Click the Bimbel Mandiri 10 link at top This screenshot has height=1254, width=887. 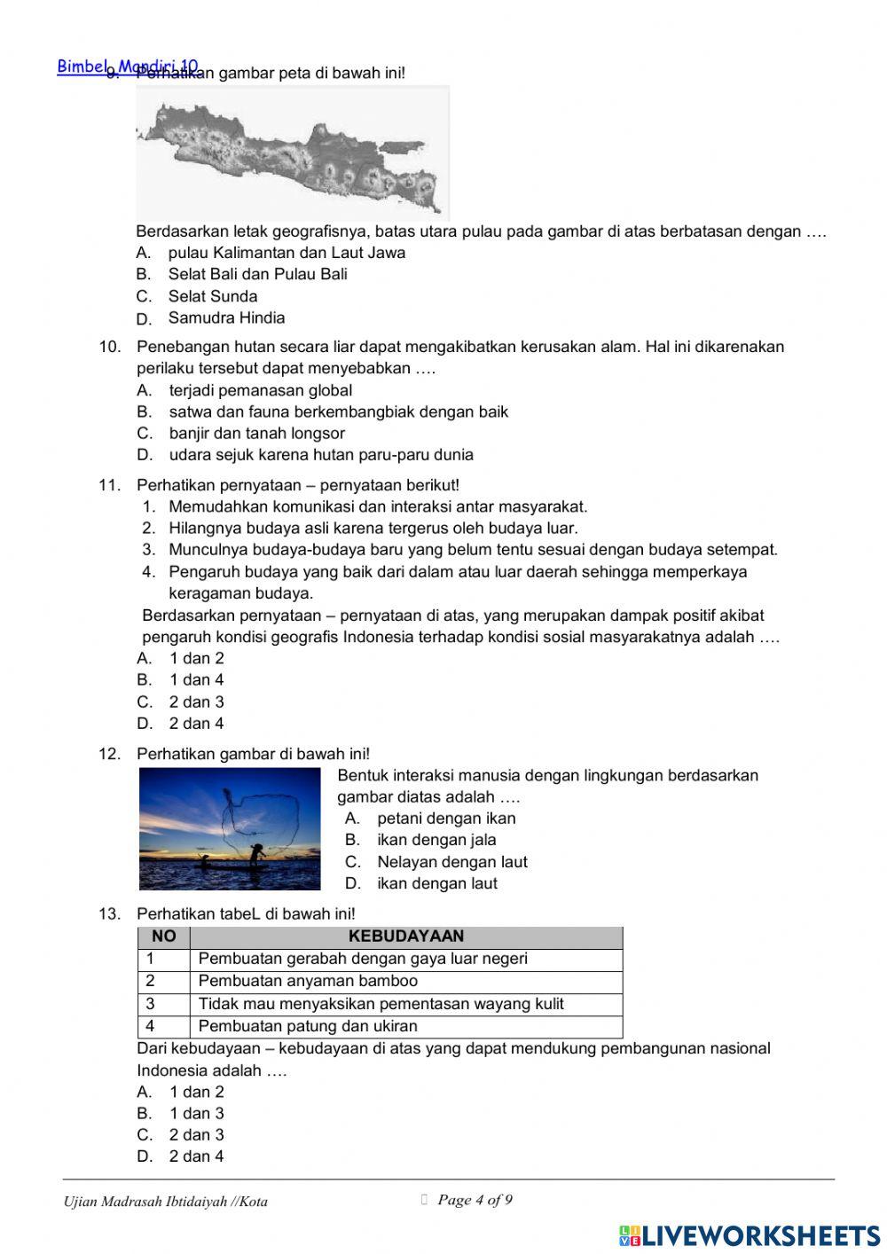tap(127, 67)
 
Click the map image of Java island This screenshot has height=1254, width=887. tap(293, 153)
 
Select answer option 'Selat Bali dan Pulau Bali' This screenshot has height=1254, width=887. tap(257, 274)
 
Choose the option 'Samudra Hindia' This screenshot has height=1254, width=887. tap(226, 317)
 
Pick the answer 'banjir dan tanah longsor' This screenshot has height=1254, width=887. tap(256, 433)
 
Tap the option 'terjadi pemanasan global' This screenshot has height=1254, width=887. tap(260, 390)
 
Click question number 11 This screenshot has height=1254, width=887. tap(109, 485)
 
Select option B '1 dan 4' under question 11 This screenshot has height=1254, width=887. tap(196, 680)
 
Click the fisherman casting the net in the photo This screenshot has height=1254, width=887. tap(255, 857)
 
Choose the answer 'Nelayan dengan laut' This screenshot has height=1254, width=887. tap(451, 862)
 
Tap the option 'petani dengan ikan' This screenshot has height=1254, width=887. tap(445, 819)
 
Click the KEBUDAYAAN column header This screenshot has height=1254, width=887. tap(406, 937)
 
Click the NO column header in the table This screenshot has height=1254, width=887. tap(164, 937)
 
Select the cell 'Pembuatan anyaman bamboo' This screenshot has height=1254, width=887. tap(307, 981)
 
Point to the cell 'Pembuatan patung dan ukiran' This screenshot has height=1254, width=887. tap(307, 1026)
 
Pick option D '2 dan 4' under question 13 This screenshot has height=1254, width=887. tap(196, 1156)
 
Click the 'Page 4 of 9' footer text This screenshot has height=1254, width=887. tap(475, 1200)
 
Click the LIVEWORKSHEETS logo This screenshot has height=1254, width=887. tap(750, 1235)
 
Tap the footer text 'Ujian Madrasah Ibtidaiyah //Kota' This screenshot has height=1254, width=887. tap(166, 1202)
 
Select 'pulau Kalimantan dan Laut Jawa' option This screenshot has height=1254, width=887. tap(286, 253)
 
